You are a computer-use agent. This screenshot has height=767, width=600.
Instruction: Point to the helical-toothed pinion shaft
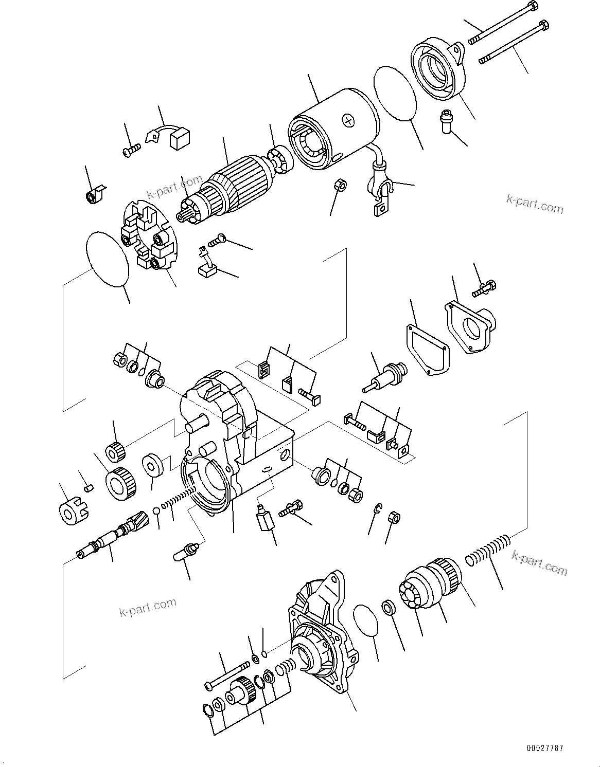111,537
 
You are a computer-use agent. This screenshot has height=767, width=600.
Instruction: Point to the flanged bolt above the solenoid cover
483,287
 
